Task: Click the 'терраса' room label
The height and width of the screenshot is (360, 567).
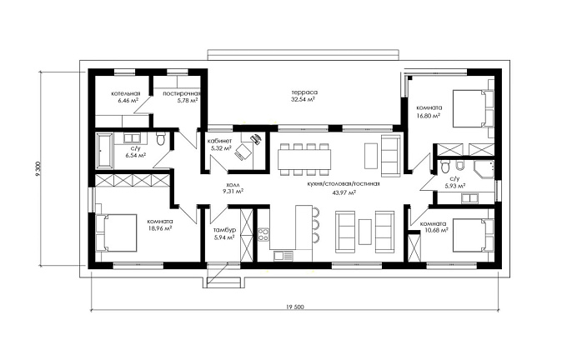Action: click(x=304, y=92)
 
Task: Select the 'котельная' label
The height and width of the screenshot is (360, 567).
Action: click(x=125, y=93)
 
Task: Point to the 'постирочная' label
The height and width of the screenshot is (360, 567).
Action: click(x=181, y=93)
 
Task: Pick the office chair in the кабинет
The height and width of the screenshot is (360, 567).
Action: click(x=243, y=151)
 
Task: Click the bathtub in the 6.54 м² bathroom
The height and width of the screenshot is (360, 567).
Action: click(x=104, y=151)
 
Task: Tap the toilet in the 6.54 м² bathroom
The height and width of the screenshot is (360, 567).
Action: click(x=161, y=138)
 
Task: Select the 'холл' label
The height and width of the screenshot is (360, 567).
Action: click(x=233, y=185)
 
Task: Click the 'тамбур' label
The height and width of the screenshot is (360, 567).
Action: click(x=224, y=230)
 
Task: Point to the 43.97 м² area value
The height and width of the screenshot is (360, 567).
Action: click(x=344, y=192)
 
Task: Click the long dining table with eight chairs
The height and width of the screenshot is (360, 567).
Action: click(x=304, y=159)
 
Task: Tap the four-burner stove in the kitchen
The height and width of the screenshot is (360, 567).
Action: click(x=263, y=234)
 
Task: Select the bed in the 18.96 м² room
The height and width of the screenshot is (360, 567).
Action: click(x=117, y=232)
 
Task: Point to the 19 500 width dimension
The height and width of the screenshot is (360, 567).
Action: click(x=295, y=307)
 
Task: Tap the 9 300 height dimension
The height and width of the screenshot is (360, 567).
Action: click(x=38, y=169)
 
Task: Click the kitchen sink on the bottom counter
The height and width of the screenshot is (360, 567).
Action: click(x=283, y=256)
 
